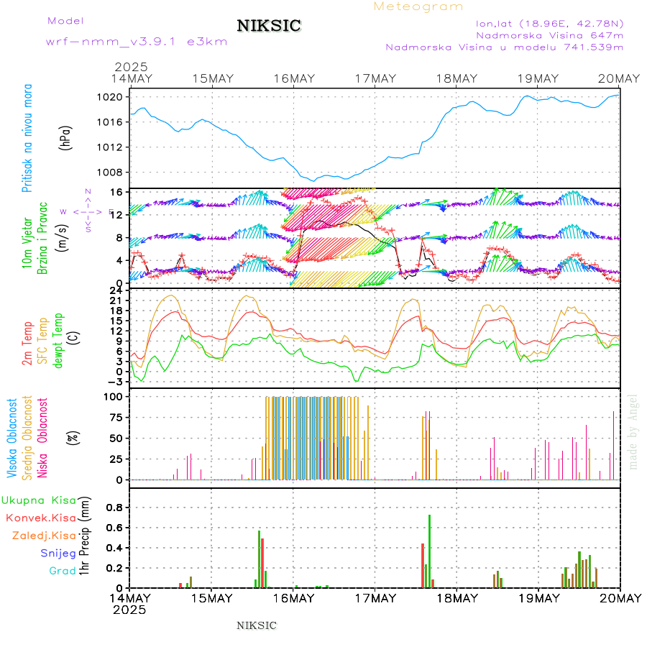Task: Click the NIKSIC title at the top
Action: [269, 27]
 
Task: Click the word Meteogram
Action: [419, 6]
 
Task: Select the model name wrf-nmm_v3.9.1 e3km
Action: [137, 42]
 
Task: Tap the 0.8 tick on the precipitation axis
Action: [115, 508]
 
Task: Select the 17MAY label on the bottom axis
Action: [375, 598]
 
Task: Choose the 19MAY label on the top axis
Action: [538, 78]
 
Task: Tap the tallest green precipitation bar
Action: [430, 551]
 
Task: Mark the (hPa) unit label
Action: [66, 138]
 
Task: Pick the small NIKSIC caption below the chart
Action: [257, 625]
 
